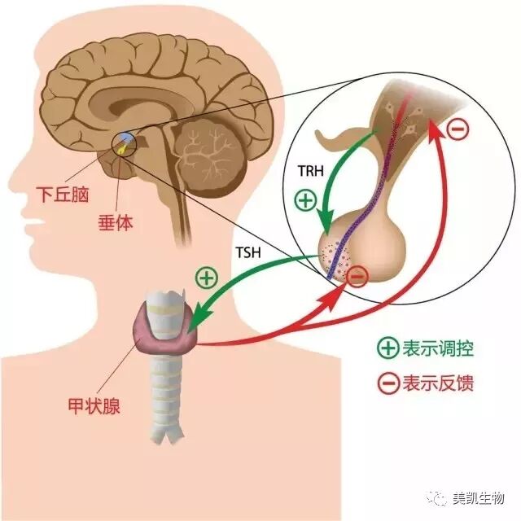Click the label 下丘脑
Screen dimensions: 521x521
pos(60,195)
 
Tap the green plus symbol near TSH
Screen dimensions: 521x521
pos(207,277)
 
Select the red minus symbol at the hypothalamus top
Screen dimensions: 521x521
pos(458,129)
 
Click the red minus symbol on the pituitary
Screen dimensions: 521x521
pos(357,278)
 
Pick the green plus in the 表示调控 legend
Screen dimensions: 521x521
pos(387,349)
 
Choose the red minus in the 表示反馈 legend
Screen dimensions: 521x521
pos(387,383)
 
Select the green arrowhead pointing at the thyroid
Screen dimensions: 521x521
pos(192,327)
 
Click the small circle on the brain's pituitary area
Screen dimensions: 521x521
pos(124,145)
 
